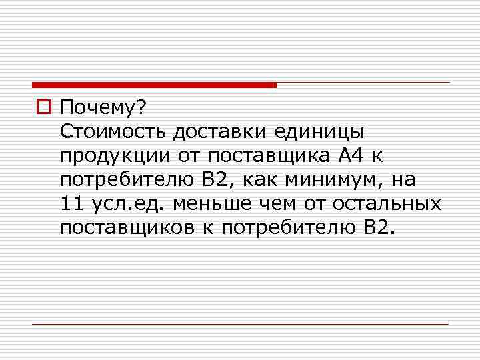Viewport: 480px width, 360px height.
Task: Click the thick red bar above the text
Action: (x=154, y=85)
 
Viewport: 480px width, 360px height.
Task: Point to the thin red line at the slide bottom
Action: (x=240, y=324)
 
